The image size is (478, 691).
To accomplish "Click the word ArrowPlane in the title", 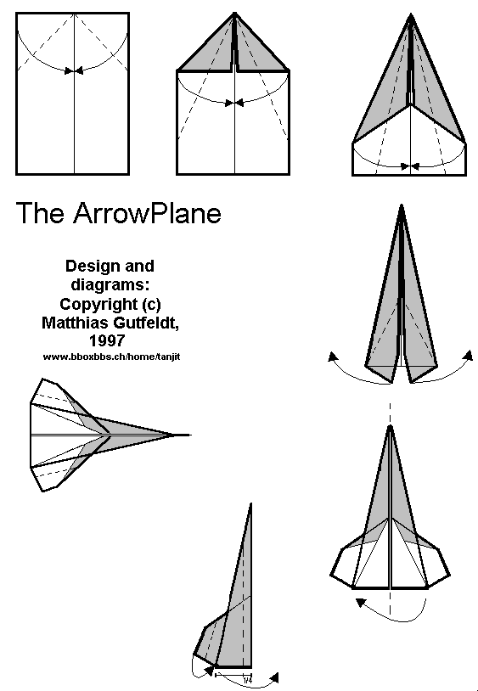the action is pyautogui.click(x=147, y=213).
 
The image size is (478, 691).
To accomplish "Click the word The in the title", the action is pyautogui.click(x=40, y=213).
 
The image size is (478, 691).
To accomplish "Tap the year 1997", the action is pyautogui.click(x=107, y=340).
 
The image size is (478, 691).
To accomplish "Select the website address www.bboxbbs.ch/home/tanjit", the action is pyautogui.click(x=111, y=357).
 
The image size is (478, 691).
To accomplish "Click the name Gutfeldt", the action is pyautogui.click(x=146, y=323).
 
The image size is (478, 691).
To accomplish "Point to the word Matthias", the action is pyautogui.click(x=76, y=323).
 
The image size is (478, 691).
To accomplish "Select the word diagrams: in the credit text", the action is pyautogui.click(x=110, y=285).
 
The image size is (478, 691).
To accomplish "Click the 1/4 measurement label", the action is pyautogui.click(x=248, y=681).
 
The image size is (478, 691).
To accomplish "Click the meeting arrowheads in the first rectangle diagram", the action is pyautogui.click(x=74, y=70).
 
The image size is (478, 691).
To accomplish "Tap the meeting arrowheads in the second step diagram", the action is pyautogui.click(x=234, y=103).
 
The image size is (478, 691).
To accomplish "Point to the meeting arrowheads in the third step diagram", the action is pyautogui.click(x=410, y=166).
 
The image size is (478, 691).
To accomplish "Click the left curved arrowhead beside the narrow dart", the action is pyautogui.click(x=333, y=356).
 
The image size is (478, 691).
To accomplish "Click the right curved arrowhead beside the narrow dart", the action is pyautogui.click(x=468, y=355).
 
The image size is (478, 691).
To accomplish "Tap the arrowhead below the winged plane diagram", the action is pyautogui.click(x=361, y=603).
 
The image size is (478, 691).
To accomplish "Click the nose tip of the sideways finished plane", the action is pyautogui.click(x=190, y=435).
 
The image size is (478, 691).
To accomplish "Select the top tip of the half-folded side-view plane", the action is pyautogui.click(x=250, y=503).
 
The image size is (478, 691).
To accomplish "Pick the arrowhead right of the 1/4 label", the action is pyautogui.click(x=273, y=677).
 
